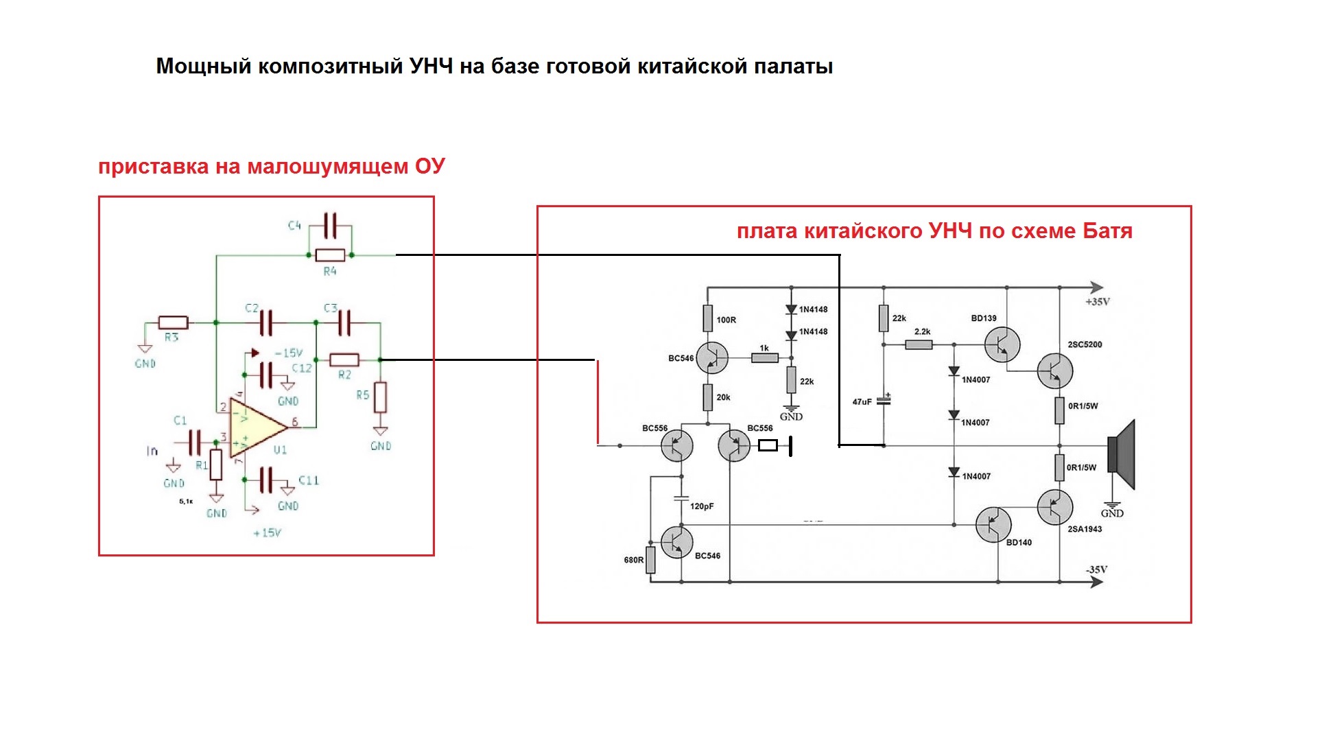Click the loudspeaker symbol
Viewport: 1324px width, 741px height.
(x=1122, y=455)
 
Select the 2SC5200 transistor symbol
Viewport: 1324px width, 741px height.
(x=1055, y=370)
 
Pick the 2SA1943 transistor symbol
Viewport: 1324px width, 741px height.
(x=1055, y=508)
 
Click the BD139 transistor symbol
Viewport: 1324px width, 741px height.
(x=1002, y=344)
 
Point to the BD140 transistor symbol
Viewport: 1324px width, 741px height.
(x=993, y=525)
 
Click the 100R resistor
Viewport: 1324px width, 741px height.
(x=708, y=319)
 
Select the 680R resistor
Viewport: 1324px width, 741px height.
(x=650, y=559)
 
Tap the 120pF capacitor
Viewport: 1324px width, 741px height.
(x=681, y=499)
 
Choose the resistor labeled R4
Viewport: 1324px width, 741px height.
(x=330, y=255)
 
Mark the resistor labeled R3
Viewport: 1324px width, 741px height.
(x=173, y=322)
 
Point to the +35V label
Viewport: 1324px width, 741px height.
(x=1097, y=302)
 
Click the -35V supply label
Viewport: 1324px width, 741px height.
(x=1096, y=569)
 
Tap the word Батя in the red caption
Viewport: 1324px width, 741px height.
(x=1107, y=231)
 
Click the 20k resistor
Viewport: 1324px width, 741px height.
(x=708, y=397)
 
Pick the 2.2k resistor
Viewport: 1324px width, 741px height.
(x=919, y=344)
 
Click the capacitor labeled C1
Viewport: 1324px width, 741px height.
(x=195, y=443)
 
